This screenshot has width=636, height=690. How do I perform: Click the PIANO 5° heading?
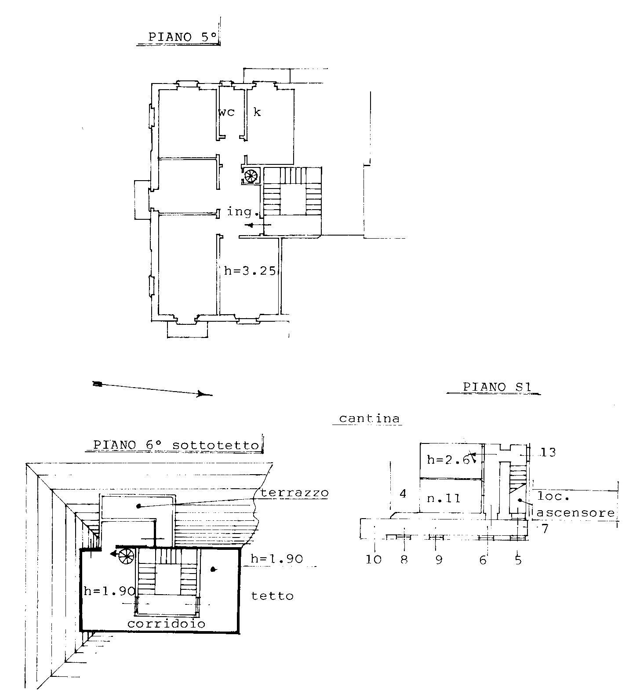(x=183, y=37)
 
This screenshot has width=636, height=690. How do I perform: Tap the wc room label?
(x=227, y=113)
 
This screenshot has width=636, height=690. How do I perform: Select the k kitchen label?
(x=257, y=112)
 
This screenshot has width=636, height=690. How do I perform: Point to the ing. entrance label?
(x=242, y=212)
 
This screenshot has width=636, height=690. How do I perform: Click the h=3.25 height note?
(x=250, y=271)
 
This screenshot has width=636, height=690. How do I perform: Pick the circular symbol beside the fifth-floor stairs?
(x=251, y=176)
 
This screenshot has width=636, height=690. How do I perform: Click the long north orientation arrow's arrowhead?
(x=203, y=394)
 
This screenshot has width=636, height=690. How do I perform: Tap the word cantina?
(x=370, y=418)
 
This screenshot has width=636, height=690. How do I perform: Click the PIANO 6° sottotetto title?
(x=176, y=445)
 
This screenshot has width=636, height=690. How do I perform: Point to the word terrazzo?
(x=294, y=493)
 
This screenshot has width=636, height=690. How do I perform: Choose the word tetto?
(x=272, y=596)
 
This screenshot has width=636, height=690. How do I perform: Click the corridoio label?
(x=167, y=624)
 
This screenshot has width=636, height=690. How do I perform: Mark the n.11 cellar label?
(x=443, y=498)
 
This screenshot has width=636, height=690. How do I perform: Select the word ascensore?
(x=575, y=512)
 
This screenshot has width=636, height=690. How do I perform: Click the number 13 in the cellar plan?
(x=548, y=452)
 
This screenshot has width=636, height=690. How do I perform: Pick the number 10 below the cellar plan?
(x=374, y=559)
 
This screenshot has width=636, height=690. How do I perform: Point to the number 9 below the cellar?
(x=438, y=559)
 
